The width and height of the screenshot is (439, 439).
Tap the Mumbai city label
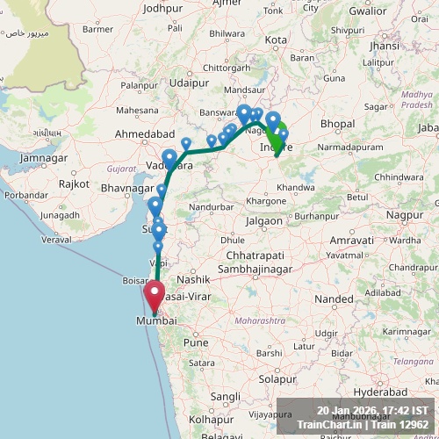click(x=155, y=322)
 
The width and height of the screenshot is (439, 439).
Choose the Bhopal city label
click(x=337, y=125)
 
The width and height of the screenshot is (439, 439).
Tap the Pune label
click(x=196, y=342)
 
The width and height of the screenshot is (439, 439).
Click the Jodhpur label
click(x=162, y=8)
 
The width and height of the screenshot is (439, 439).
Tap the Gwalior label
click(x=392, y=11)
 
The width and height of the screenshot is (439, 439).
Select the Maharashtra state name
click(x=261, y=321)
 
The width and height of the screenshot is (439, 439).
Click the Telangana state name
click(x=389, y=361)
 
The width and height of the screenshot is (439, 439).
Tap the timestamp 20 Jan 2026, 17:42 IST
click(x=372, y=410)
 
